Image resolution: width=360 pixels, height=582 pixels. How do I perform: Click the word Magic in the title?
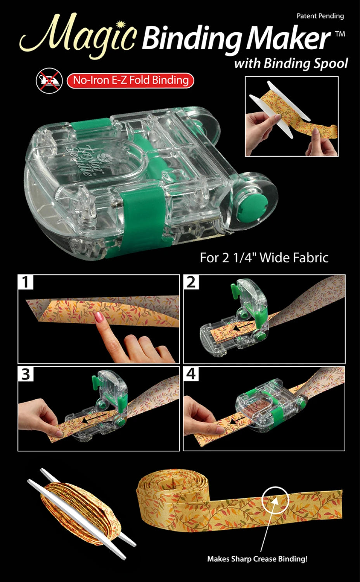tap(78, 37)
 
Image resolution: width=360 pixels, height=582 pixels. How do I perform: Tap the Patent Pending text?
tap(320, 16)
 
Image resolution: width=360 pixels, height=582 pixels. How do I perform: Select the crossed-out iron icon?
tap(49, 81)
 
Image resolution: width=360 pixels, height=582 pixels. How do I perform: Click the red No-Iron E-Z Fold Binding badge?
tap(130, 80)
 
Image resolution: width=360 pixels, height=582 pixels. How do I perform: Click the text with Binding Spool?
tap(291, 63)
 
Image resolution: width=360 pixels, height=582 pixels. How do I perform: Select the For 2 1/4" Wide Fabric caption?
tap(264, 258)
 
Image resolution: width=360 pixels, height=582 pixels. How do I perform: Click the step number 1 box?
tap(26, 282)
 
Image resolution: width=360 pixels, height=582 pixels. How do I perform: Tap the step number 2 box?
tap(191, 282)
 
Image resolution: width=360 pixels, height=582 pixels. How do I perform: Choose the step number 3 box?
tap(26, 374)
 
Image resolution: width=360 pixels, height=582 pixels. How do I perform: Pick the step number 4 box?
tap(191, 374)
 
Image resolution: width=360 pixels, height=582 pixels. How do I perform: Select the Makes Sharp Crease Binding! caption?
tap(257, 559)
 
